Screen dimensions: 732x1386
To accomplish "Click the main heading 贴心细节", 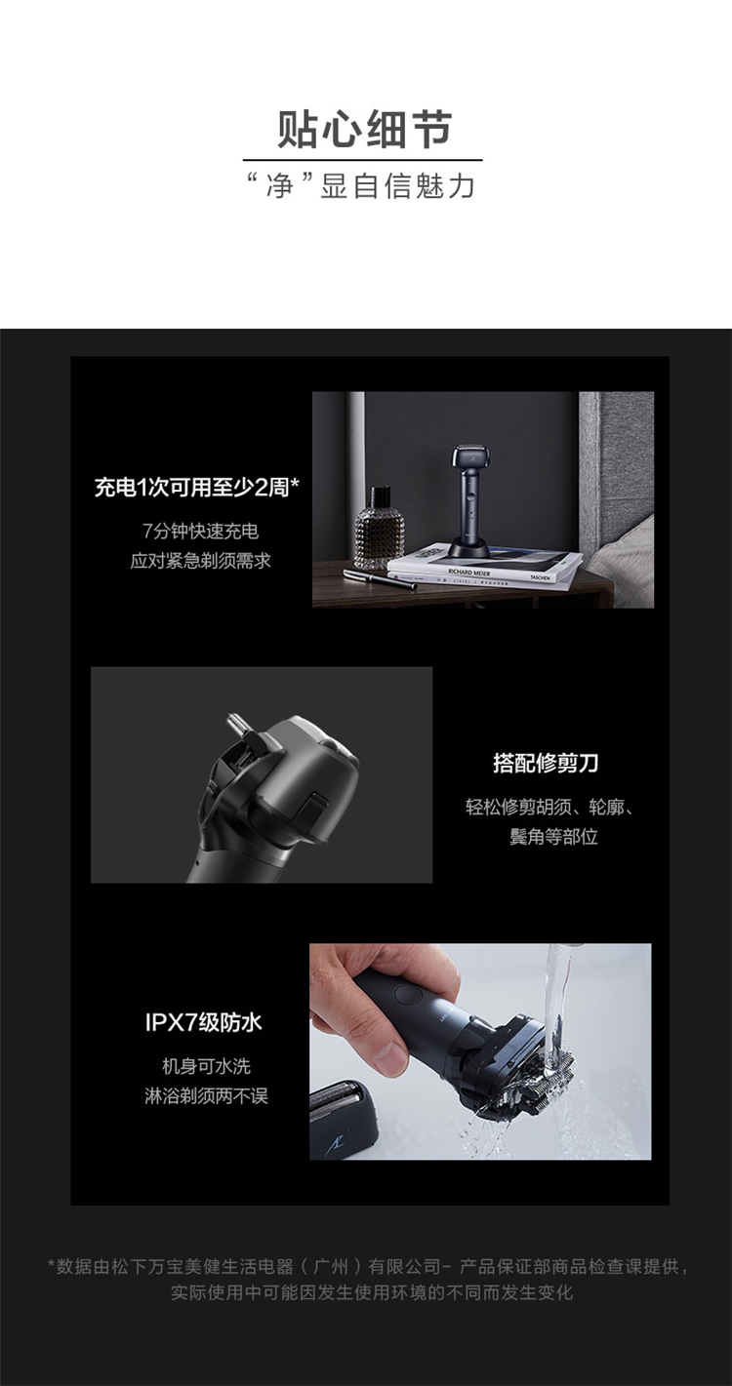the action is click(x=365, y=129).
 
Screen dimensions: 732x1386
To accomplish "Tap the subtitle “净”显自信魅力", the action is click(x=362, y=185).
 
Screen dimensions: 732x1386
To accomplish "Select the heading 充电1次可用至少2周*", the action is click(x=197, y=488).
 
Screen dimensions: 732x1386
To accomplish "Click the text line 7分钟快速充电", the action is click(x=200, y=531).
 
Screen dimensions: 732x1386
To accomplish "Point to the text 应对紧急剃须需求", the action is click(x=200, y=561).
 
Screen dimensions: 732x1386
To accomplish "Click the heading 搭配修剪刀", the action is click(x=547, y=763).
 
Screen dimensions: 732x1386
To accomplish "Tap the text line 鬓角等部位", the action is click(x=553, y=837).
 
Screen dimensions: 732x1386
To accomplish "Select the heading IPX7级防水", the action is click(x=204, y=1022).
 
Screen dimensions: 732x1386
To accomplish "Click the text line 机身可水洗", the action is click(x=206, y=1066).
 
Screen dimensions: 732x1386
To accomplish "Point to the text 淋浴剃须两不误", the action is click(x=206, y=1096).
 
